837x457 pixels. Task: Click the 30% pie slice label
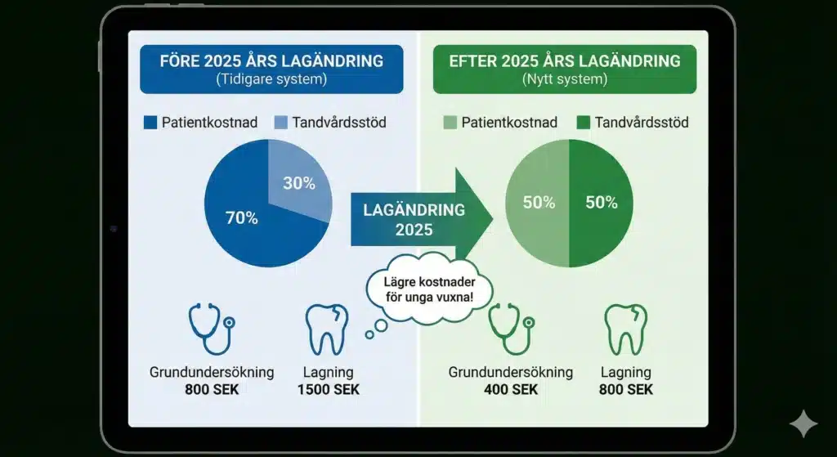tap(299, 183)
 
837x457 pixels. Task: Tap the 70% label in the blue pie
tap(242, 217)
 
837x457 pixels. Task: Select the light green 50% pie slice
tap(537, 203)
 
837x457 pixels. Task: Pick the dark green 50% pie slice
tap(601, 203)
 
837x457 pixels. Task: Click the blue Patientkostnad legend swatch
tap(150, 123)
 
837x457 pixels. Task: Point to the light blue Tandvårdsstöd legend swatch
tap(281, 123)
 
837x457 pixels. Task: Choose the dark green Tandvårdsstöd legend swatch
tap(584, 123)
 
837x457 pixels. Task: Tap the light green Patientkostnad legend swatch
tap(450, 123)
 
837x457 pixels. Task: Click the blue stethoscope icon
tap(212, 329)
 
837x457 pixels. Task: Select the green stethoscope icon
tap(511, 329)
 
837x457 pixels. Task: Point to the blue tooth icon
tap(327, 329)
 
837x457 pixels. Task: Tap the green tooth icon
tap(625, 329)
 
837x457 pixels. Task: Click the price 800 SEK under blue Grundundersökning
tap(212, 389)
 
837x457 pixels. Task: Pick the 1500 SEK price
tap(329, 389)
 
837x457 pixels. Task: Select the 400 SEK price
tap(511, 389)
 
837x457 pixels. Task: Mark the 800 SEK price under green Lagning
tap(625, 389)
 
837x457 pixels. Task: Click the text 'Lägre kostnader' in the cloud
tap(429, 282)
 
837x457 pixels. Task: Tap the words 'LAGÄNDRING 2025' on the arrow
tap(414, 219)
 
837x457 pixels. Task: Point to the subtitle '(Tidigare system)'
tap(271, 79)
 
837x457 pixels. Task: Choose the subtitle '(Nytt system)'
tap(565, 79)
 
